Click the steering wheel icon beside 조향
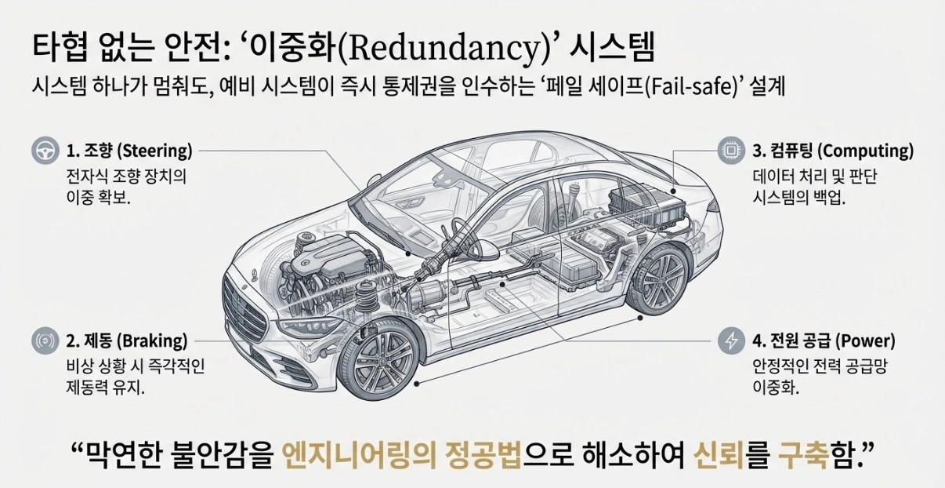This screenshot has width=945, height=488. [45, 150]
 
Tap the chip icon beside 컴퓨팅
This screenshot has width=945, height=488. [731, 150]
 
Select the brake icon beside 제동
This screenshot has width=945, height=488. [45, 341]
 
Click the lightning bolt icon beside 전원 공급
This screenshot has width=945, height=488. [731, 341]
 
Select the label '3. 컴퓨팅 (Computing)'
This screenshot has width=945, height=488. [833, 150]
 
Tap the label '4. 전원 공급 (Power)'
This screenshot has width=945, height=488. [824, 341]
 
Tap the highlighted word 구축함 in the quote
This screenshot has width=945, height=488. [815, 453]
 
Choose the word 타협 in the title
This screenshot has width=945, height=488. [59, 46]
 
